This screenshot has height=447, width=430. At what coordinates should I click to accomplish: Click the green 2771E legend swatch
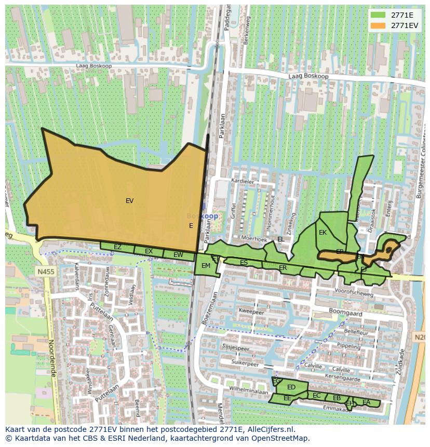pyautogui.click(x=378, y=15)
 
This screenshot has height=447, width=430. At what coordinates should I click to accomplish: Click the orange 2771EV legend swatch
pyautogui.click(x=378, y=25)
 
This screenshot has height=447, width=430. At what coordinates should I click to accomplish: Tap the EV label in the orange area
pyautogui.click(x=130, y=200)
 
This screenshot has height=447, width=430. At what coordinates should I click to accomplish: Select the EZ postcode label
pyautogui.click(x=118, y=247)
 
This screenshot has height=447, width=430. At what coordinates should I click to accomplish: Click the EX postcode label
pyautogui.click(x=149, y=251)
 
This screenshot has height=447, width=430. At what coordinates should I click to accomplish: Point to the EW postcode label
pyautogui.click(x=178, y=255)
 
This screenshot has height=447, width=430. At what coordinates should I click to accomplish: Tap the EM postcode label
pyautogui.click(x=206, y=266)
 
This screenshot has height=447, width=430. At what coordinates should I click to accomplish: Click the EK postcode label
pyautogui.click(x=323, y=233)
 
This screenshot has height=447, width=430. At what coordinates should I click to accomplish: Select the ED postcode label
pyautogui.click(x=291, y=387)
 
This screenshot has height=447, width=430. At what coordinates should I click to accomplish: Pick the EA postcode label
pyautogui.click(x=367, y=402)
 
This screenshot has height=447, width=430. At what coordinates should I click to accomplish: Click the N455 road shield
pyautogui.click(x=45, y=272)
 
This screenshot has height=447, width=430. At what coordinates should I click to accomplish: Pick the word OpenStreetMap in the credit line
pyautogui.click(x=281, y=438)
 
